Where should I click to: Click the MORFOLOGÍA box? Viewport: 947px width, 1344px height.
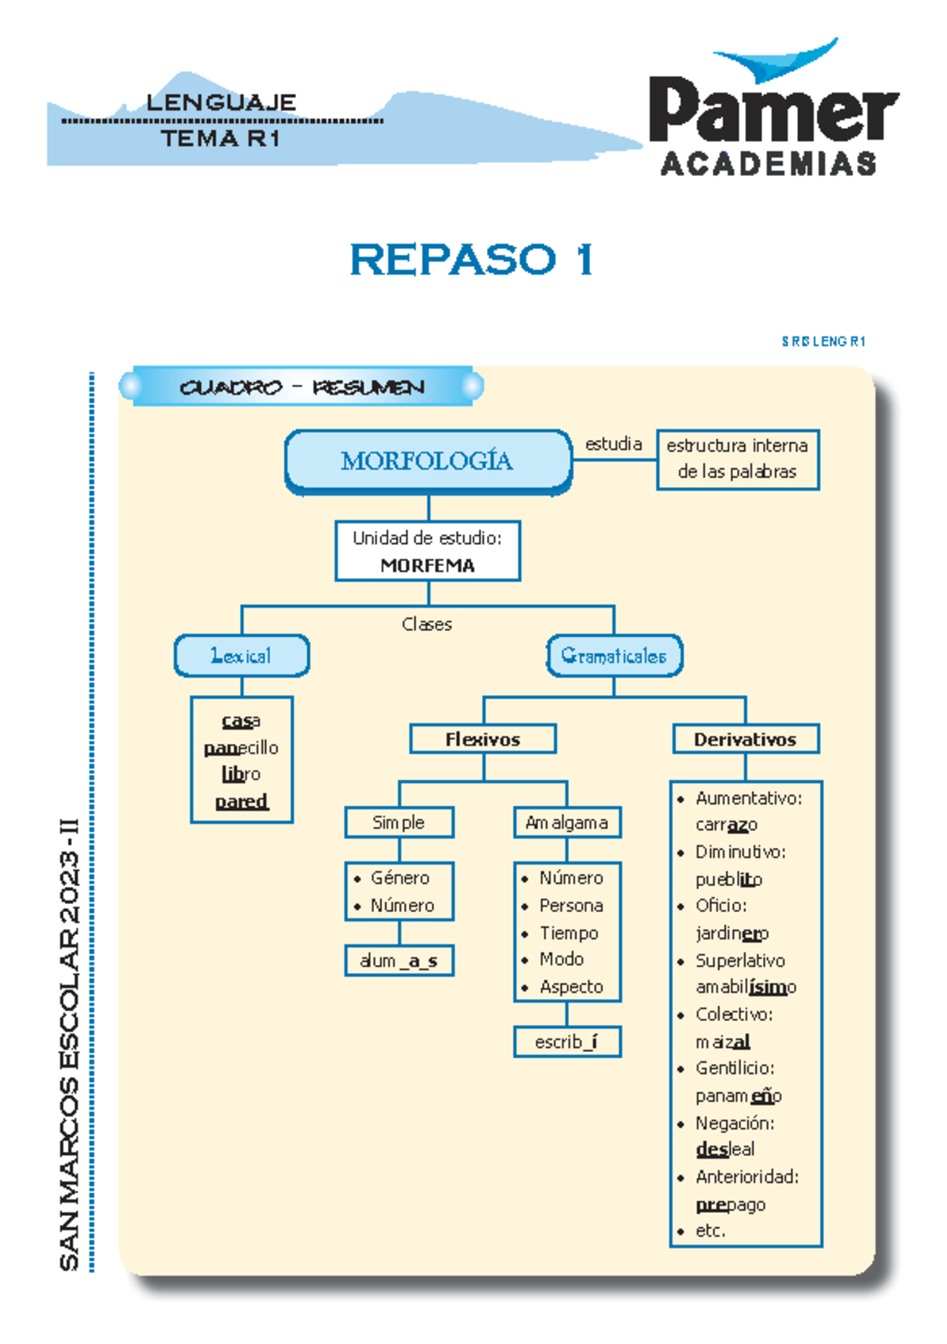coord(428,460)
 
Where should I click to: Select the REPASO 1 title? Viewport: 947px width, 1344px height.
coord(471,260)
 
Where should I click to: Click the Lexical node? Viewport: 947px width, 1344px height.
coord(241,655)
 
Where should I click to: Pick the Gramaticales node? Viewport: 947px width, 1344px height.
coord(614,655)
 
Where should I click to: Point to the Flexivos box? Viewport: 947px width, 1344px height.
coord(483,739)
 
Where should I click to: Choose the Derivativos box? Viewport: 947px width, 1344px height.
coord(745,739)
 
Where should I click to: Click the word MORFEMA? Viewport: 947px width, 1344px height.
coord(427,565)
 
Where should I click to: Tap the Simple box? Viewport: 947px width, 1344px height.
coord(399,822)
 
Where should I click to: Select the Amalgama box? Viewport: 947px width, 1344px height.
coord(567,822)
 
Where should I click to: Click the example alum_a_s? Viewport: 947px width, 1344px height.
coord(399,961)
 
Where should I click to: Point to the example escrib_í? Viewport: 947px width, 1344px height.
coord(567,1042)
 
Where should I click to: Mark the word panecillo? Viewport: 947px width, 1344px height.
coord(241,747)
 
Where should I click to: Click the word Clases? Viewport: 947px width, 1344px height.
coord(427,624)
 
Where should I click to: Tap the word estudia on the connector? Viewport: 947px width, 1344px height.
coord(613,444)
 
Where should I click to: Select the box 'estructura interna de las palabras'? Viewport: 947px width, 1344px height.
coord(737,459)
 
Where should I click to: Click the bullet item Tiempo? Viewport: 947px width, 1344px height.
coord(568,933)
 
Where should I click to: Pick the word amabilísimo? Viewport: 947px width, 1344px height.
coord(745,987)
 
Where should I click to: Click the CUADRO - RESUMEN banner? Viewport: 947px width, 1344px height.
coord(301,387)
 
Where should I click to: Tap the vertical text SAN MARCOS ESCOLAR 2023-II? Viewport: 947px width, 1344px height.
coord(69,1042)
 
